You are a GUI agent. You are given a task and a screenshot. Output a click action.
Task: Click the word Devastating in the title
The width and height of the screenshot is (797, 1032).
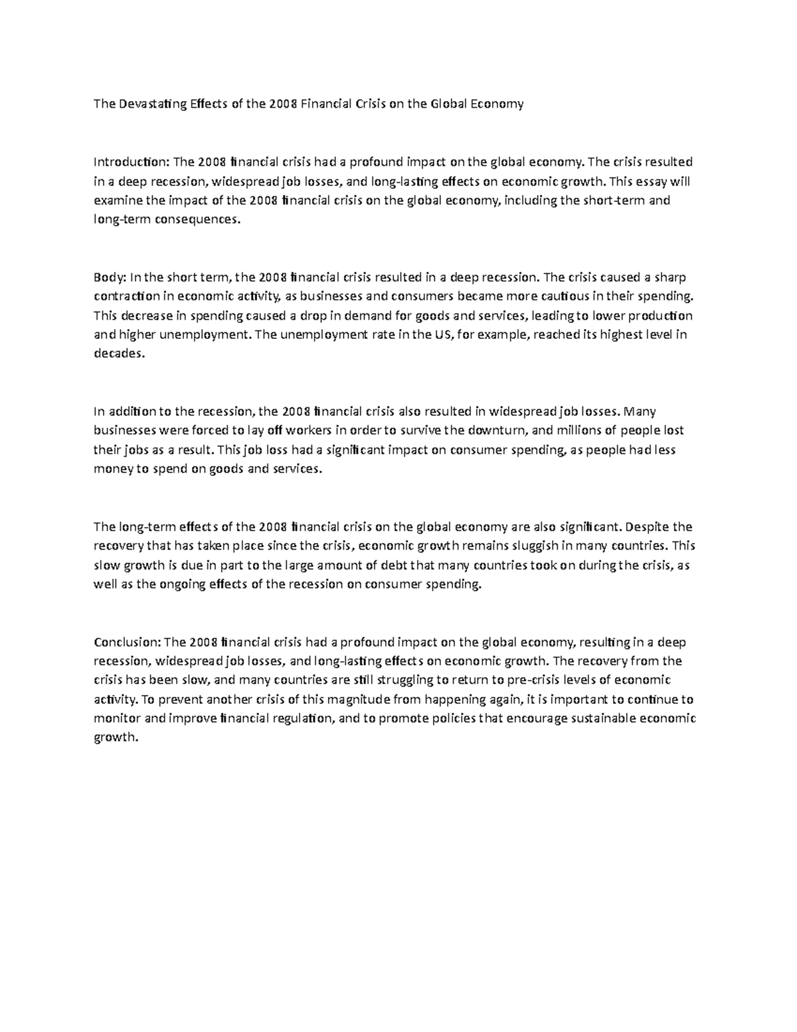[x=151, y=104]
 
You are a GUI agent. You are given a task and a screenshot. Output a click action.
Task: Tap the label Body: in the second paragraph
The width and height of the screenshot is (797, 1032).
[x=110, y=277]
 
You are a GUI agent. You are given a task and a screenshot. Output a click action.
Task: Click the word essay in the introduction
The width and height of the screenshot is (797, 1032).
[x=650, y=181]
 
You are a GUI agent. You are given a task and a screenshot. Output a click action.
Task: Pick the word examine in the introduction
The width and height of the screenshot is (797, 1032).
[x=116, y=200]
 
